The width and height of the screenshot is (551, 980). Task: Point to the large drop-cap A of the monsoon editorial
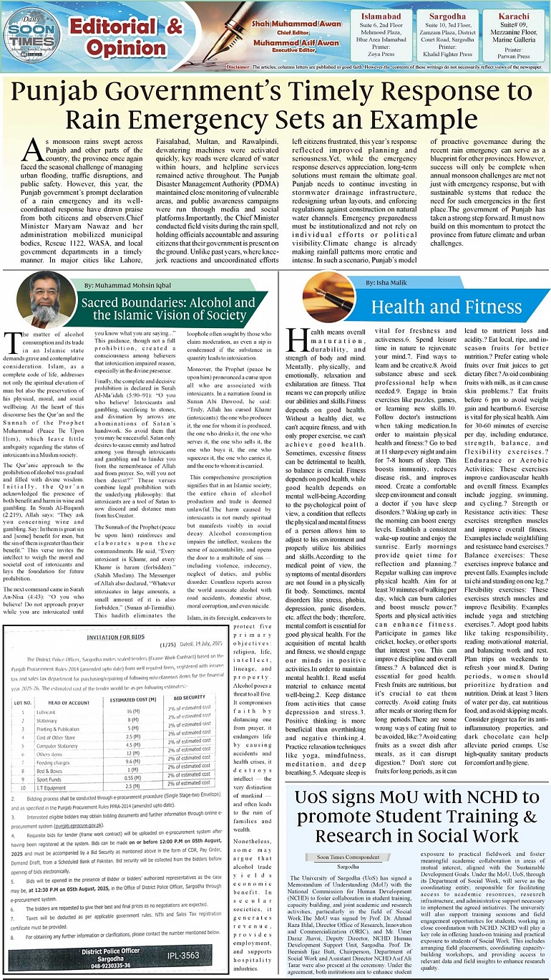click(32, 148)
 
